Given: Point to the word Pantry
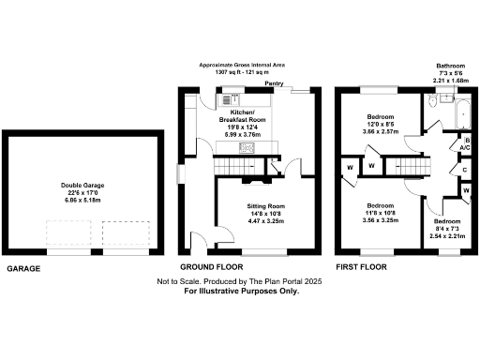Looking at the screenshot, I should (274, 84).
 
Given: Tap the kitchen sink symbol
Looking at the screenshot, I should (230, 97).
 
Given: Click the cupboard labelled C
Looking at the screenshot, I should (465, 170).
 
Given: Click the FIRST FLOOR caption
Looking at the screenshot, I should (361, 267).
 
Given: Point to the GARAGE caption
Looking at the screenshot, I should (24, 267).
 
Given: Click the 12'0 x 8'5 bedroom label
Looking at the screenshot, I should (380, 125).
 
